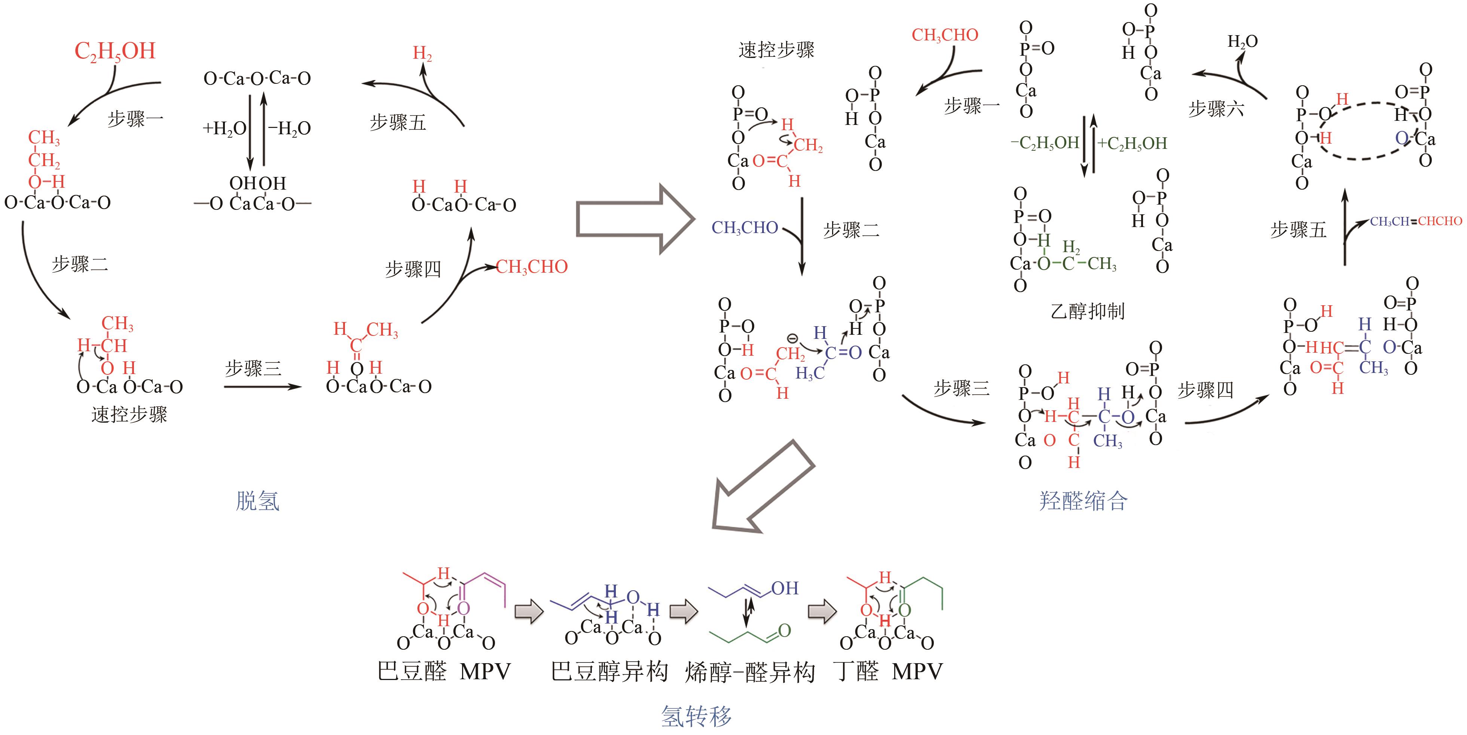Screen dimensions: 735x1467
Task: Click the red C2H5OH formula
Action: pyautogui.click(x=115, y=51)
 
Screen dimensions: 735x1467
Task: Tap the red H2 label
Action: pyautogui.click(x=422, y=53)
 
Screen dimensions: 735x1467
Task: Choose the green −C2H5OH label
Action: pyautogui.click(x=1045, y=143)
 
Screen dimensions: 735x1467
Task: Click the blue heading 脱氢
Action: pyautogui.click(x=257, y=501)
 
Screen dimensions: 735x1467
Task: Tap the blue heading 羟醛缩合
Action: pyautogui.click(x=1083, y=501)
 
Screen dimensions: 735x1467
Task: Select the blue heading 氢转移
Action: pyautogui.click(x=696, y=716)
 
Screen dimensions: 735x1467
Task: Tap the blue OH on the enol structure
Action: pyautogui.click(x=785, y=588)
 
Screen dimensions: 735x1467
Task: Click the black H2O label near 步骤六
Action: pyautogui.click(x=1242, y=42)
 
